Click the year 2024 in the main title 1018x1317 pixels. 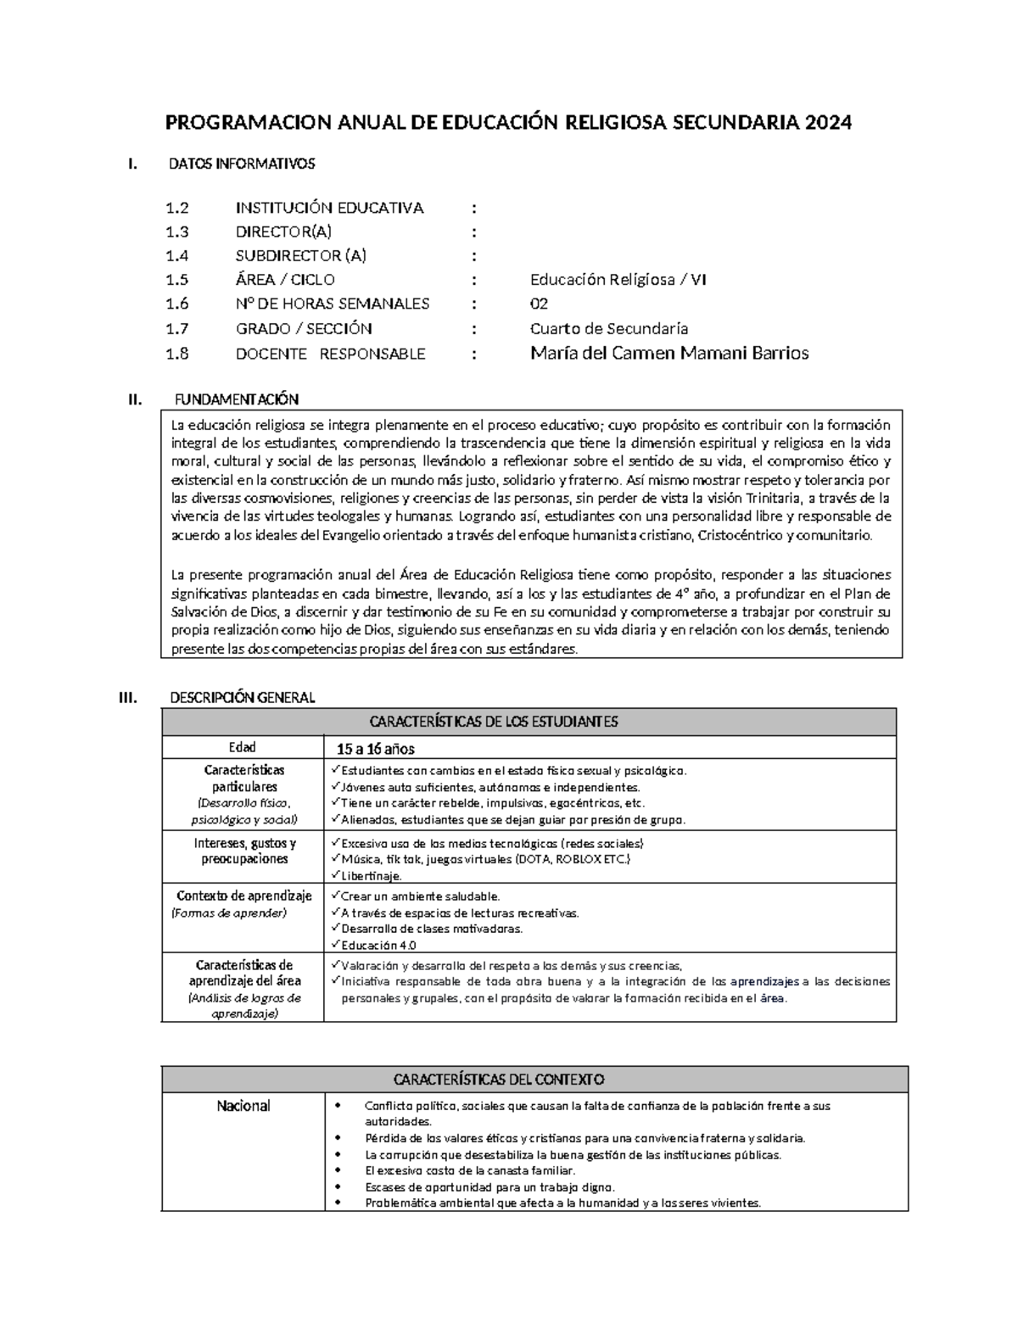[x=828, y=123]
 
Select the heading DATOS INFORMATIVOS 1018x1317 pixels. [x=242, y=164]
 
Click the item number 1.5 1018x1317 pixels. [x=177, y=280]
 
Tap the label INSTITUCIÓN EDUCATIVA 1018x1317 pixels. [x=329, y=209]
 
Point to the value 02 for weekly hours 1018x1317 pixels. [x=539, y=304]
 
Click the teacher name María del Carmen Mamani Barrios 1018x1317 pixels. [x=668, y=354]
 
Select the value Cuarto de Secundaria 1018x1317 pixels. [x=608, y=329]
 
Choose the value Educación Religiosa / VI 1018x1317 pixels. [x=618, y=280]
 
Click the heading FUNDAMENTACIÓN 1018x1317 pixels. [x=236, y=399]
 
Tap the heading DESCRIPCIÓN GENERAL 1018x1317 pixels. [x=243, y=698]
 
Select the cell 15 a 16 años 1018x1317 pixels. [x=375, y=749]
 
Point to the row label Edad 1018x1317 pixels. [x=242, y=747]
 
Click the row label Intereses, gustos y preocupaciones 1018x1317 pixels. [x=244, y=851]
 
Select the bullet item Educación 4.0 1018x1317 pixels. [x=378, y=945]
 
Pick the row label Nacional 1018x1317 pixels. [x=243, y=1106]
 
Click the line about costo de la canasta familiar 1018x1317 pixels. [x=470, y=1170]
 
